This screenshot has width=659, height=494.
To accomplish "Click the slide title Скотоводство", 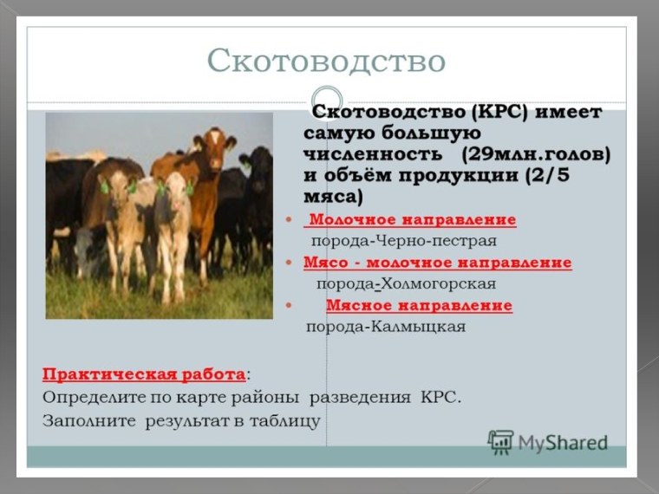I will click(x=326, y=61).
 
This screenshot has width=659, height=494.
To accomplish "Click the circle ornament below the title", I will click(x=327, y=99).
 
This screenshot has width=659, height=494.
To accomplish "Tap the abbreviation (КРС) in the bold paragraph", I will click(x=499, y=114).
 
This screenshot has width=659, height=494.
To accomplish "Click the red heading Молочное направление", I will click(x=412, y=220).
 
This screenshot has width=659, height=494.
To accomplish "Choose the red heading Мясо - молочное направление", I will click(x=437, y=263).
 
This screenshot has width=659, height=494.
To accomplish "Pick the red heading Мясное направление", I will click(x=419, y=306).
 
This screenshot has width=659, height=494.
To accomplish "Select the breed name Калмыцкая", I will click(x=418, y=328).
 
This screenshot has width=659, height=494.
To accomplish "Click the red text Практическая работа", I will click(x=143, y=375).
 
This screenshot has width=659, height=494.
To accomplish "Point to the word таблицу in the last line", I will click(x=286, y=420).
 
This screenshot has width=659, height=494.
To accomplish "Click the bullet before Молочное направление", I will click(x=288, y=220).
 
